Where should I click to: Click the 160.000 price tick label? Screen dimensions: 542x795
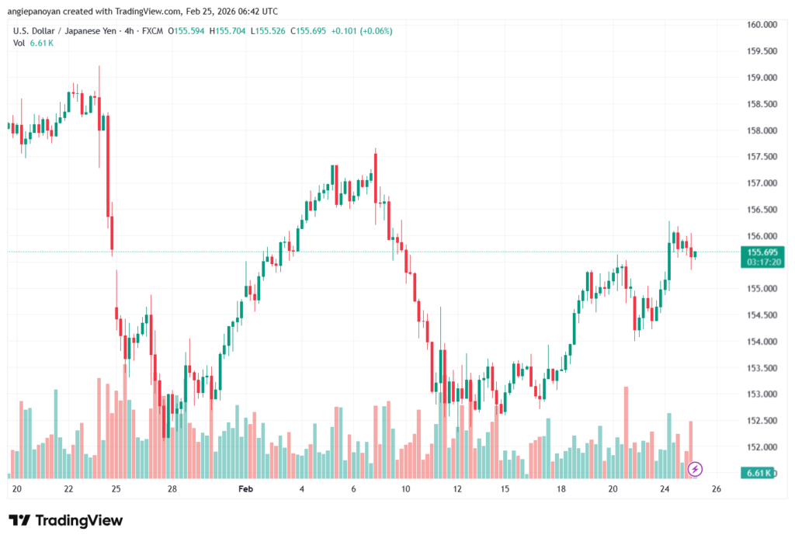pos(762,24)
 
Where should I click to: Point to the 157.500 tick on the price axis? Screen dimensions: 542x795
pos(762,156)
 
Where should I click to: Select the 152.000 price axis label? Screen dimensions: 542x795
pos(762,446)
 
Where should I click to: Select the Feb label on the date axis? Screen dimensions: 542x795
pos(246,489)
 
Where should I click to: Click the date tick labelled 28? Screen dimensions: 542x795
pos(172,489)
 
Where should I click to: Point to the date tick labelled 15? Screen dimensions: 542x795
pos(505,489)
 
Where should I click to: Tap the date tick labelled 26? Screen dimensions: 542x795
pos(717,489)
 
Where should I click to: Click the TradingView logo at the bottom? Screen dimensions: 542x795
pos(66,520)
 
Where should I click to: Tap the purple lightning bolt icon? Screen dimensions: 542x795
pos(696,469)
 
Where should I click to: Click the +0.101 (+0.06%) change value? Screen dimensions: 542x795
pos(362,31)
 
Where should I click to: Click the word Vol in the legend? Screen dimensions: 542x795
pos(19,43)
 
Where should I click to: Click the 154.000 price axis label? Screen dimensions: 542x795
pos(762,341)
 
